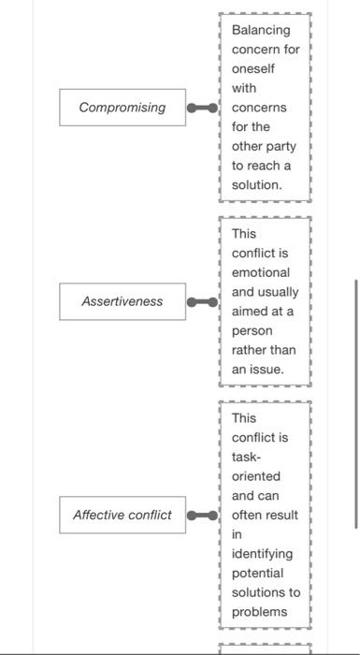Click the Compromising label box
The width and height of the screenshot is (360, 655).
122,108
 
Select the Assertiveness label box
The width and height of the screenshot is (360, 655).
122,301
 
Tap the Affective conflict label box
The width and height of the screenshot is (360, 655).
122,515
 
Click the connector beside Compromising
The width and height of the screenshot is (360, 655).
202,108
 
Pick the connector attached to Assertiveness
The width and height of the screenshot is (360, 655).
202,301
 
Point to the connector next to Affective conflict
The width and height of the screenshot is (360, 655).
202,515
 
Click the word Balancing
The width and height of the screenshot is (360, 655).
261,30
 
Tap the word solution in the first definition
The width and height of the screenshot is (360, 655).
255,184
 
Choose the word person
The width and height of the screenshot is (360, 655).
252,330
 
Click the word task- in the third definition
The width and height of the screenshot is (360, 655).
247,457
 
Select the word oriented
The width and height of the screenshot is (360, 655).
255,476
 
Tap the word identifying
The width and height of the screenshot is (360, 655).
262,554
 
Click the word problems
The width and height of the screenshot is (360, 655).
259,611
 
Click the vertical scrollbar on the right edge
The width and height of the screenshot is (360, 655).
355,402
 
